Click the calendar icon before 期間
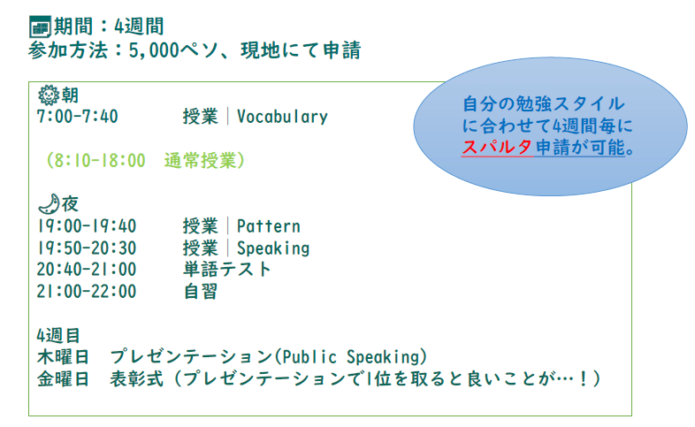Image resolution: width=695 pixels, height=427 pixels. coord(40,27)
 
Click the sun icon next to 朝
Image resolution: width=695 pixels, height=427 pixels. coord(49,95)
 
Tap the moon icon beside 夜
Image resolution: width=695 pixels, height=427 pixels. coord(49,203)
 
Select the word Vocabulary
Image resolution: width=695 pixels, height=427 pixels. coord(282,117)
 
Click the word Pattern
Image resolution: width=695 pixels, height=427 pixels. coord(269,226)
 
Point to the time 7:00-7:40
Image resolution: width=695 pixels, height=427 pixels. coord(78,117)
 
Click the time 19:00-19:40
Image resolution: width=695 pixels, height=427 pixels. coord(87,226)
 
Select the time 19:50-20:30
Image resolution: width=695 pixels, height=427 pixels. coord(87,248)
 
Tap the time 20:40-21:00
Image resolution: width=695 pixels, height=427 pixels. coord(87,270)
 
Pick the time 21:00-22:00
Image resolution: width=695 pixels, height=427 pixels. coord(87,291)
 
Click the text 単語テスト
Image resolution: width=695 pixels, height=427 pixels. coord(227,270)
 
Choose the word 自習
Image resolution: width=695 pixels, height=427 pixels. coord(201,292)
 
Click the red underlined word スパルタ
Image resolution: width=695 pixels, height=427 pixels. coord(497,147)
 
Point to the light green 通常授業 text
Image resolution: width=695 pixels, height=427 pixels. coord(201,160)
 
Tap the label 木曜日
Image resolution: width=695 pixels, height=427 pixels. coord(63,356)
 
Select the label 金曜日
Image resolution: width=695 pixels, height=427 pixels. coord(63,378)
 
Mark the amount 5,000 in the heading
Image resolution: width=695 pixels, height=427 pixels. coord(154,50)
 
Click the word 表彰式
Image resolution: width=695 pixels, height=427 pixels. coord(136,378)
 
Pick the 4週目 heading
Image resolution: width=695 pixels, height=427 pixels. coord(58,335)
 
